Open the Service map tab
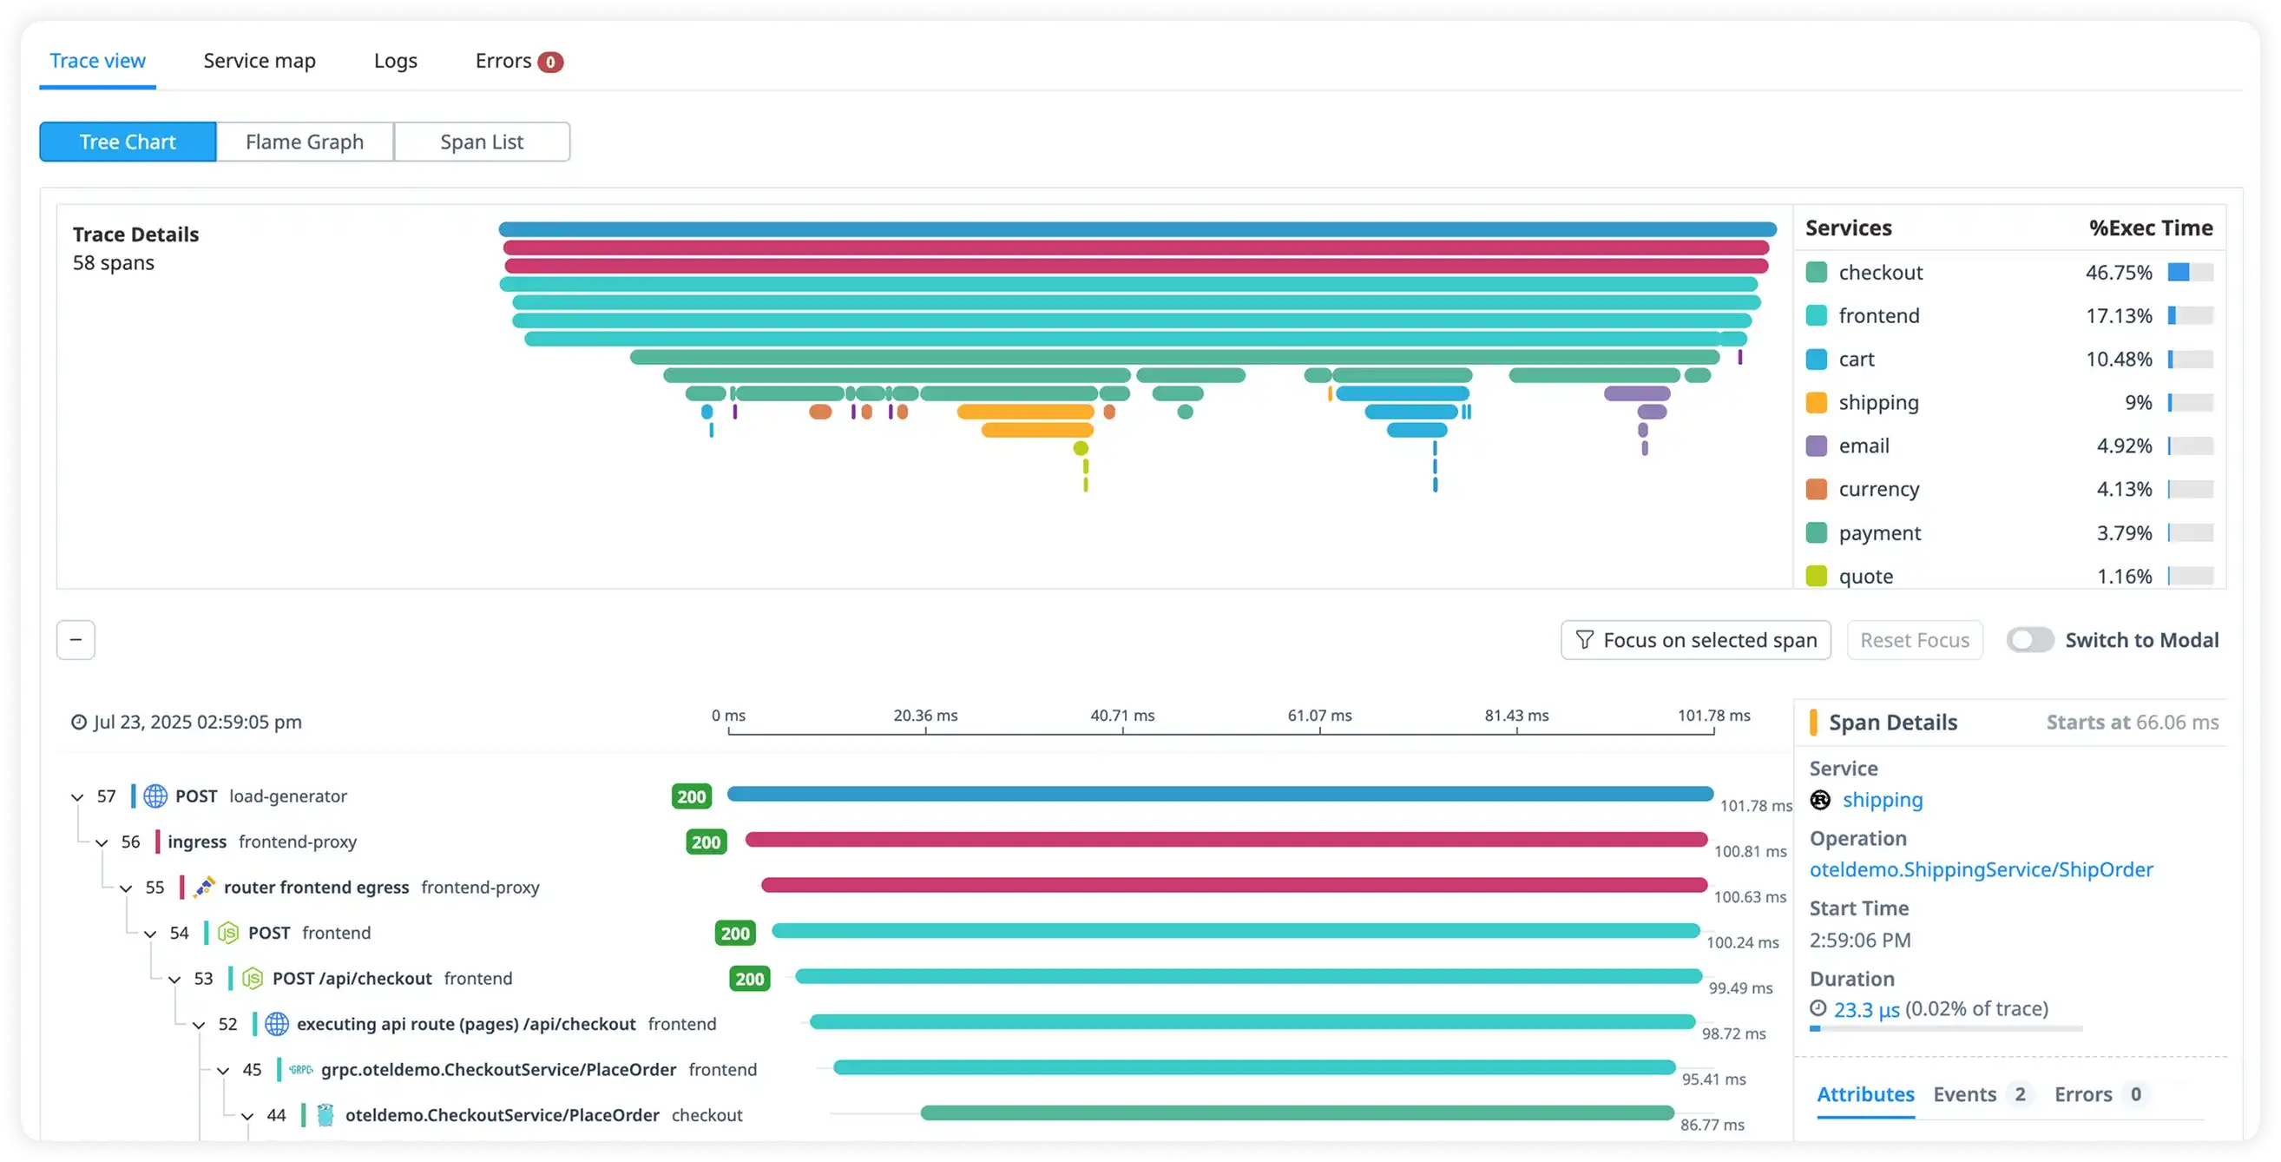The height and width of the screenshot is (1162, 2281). click(x=260, y=61)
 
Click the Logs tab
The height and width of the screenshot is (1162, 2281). click(x=395, y=61)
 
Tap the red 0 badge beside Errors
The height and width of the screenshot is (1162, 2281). click(x=550, y=62)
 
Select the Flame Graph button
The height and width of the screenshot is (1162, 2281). click(x=305, y=142)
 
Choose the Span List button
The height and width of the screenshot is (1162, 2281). click(x=482, y=142)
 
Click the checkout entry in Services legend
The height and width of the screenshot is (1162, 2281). click(x=1880, y=273)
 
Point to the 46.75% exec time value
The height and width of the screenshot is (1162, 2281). click(x=2118, y=273)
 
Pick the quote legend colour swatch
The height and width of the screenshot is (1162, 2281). click(x=1816, y=577)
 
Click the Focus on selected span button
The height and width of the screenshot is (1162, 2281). click(x=1695, y=640)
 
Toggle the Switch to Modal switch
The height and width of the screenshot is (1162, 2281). click(x=2029, y=640)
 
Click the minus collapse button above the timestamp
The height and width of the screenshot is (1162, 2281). click(x=76, y=640)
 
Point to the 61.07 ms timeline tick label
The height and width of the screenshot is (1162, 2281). click(x=1319, y=716)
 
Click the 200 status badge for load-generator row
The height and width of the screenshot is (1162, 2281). click(x=691, y=796)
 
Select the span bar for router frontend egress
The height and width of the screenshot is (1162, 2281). click(x=1233, y=885)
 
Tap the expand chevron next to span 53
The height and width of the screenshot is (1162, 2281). click(x=174, y=980)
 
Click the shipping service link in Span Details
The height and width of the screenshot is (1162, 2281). click(x=1883, y=801)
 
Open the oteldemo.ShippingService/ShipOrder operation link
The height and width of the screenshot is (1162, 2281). click(x=1981, y=869)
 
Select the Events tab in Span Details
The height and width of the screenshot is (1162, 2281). click(x=1964, y=1094)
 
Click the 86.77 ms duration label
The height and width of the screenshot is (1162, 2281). click(x=1712, y=1126)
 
